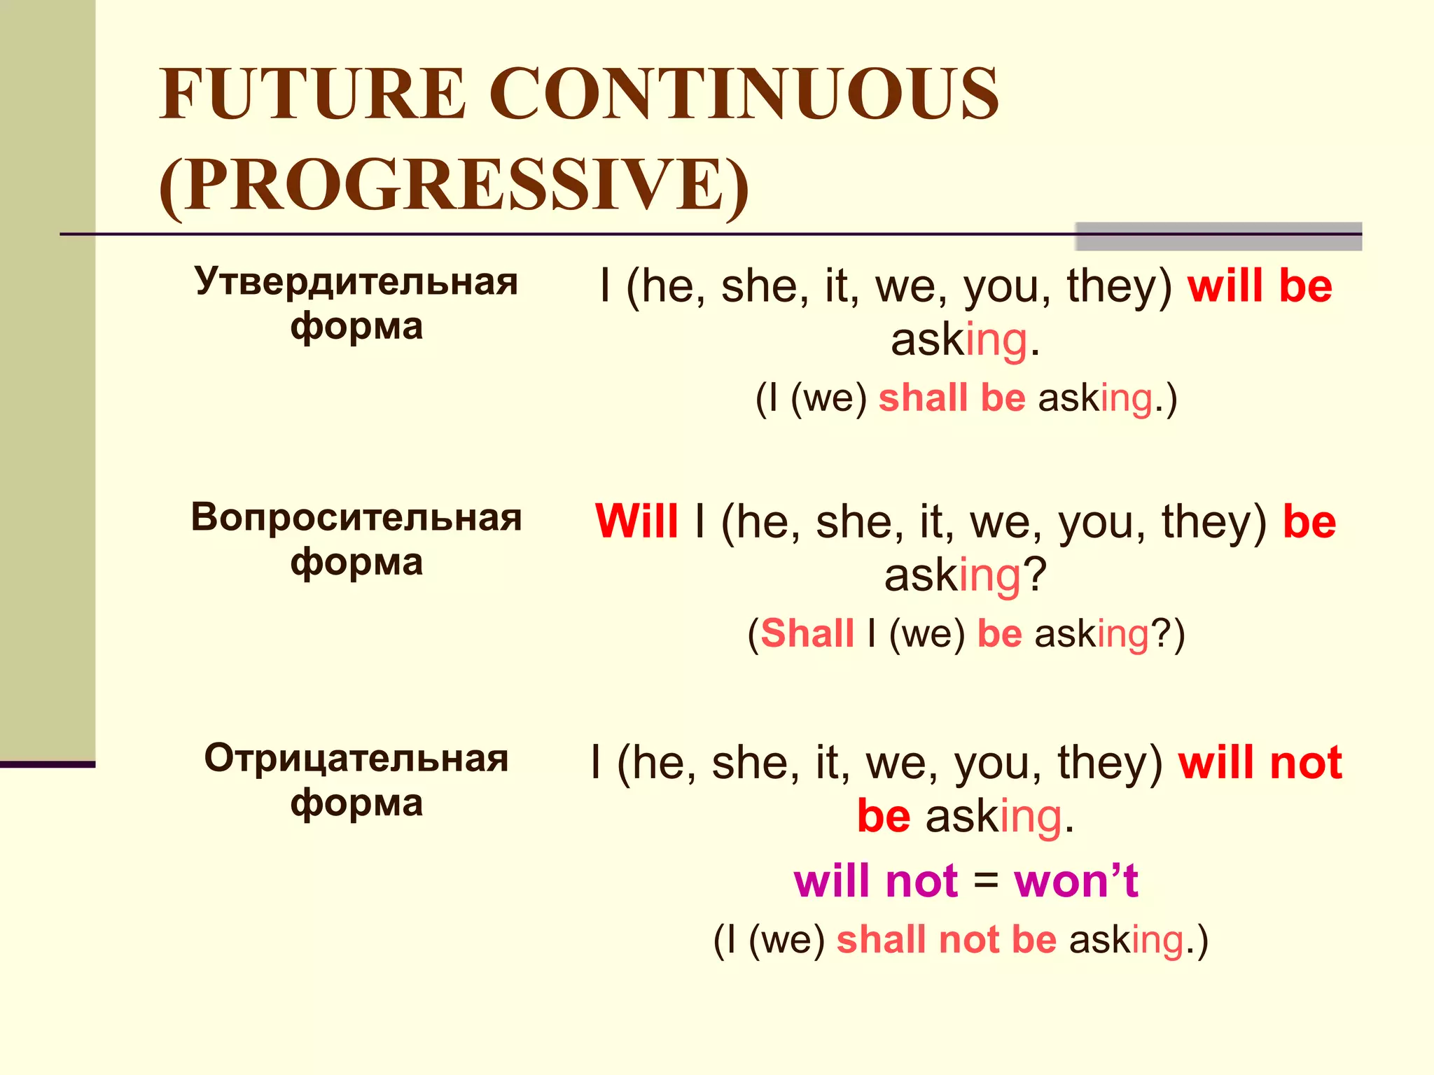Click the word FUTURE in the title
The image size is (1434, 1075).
click(x=312, y=94)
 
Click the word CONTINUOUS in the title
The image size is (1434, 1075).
click(x=744, y=94)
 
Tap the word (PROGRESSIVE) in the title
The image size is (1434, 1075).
click(x=454, y=185)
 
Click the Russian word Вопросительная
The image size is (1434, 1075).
click(x=356, y=518)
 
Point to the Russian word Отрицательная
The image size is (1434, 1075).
click(x=356, y=758)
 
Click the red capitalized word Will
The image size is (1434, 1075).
click(x=636, y=522)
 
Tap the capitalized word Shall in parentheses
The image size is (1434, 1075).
click(x=807, y=634)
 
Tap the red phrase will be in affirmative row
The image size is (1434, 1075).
click(x=1260, y=286)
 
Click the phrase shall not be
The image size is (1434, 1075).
click(x=946, y=939)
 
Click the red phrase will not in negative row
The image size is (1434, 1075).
click(x=1260, y=763)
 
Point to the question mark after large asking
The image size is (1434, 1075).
click(x=1035, y=575)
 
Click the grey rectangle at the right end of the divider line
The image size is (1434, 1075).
click(x=1218, y=237)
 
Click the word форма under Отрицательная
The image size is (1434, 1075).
click(x=356, y=803)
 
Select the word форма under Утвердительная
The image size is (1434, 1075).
click(x=356, y=327)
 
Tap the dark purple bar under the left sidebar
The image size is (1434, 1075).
click(x=48, y=764)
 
